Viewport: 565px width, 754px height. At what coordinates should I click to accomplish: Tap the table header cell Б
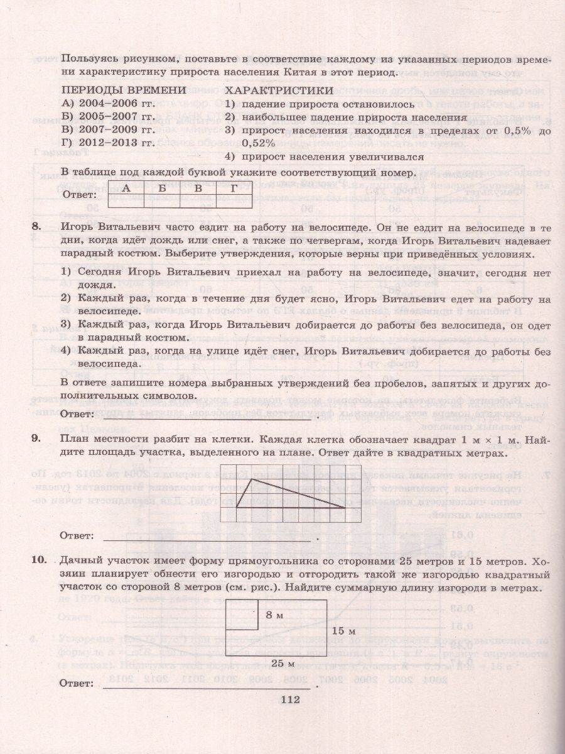pos(162,187)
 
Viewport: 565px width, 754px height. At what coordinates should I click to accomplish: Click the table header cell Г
pos(234,187)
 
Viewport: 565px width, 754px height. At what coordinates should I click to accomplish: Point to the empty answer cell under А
pos(126,200)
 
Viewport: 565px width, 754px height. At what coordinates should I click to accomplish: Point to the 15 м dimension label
pos(343,630)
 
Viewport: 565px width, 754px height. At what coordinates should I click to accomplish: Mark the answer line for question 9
pos(207,538)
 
